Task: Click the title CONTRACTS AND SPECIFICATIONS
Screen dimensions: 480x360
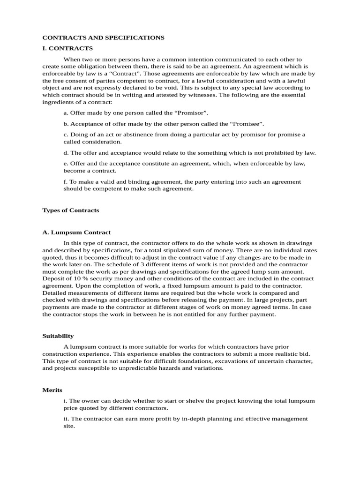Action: [x=103, y=37]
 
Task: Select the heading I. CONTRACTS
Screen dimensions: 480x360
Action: [x=67, y=48]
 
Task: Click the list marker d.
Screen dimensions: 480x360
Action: [x=66, y=152]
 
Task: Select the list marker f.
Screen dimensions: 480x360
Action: [x=66, y=181]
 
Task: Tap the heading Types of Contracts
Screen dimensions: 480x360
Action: [x=71, y=210]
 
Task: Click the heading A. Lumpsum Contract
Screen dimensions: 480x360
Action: [x=76, y=232]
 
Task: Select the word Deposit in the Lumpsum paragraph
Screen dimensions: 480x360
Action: [x=53, y=278]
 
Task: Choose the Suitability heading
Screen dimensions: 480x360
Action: [x=58, y=336]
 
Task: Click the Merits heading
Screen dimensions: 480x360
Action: [x=52, y=390]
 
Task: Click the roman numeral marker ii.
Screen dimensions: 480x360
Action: [x=66, y=419]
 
